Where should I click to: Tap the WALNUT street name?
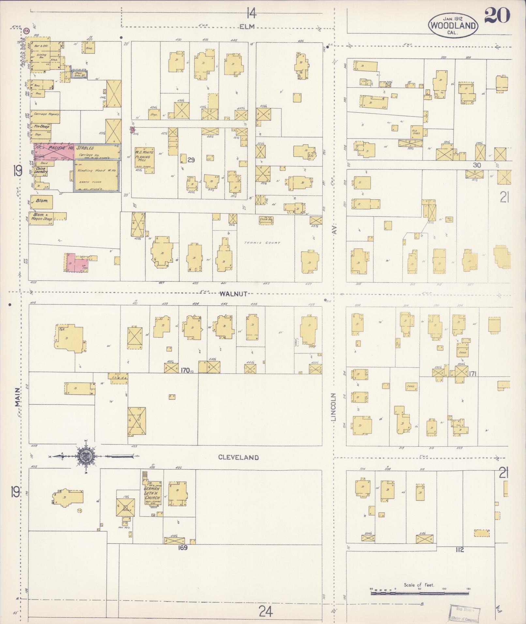(x=233, y=294)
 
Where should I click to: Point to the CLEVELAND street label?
(x=238, y=457)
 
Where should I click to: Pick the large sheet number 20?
(x=497, y=15)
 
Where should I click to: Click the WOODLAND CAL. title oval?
(x=454, y=25)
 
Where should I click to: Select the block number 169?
(x=182, y=548)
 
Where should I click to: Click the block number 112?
(x=460, y=550)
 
